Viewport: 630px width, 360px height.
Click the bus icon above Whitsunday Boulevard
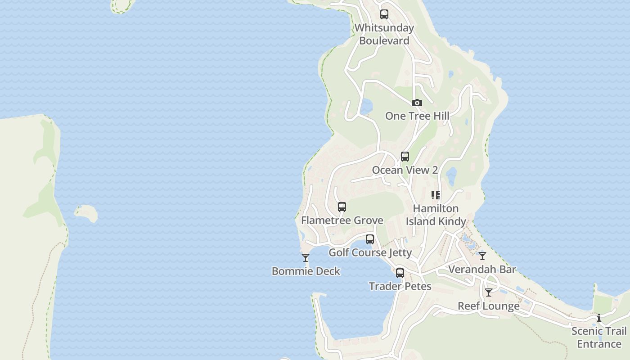click(x=384, y=14)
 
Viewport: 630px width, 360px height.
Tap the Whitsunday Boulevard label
click(x=384, y=34)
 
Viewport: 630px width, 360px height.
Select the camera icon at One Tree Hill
click(x=417, y=103)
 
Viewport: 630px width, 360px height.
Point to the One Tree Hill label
click(x=417, y=116)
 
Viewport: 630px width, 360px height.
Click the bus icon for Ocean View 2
click(x=405, y=157)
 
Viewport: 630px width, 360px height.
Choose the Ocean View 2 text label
click(x=405, y=170)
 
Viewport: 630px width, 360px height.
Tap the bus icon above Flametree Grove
click(x=342, y=207)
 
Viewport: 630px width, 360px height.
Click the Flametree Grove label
click(x=342, y=220)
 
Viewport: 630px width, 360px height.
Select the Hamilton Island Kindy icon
click(x=436, y=195)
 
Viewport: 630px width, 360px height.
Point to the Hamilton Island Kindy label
click(x=436, y=215)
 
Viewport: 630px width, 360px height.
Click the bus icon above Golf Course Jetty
click(x=370, y=239)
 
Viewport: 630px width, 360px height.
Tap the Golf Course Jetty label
click(x=370, y=252)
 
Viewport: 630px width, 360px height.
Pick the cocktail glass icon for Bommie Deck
click(x=306, y=258)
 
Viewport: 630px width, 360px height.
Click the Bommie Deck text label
click(x=306, y=271)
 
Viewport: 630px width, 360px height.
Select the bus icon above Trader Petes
click(x=400, y=273)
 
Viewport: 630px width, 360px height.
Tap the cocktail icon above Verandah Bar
click(x=482, y=256)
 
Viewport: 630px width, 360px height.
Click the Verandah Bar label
click(x=482, y=269)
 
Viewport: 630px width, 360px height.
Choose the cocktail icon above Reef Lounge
click(x=489, y=292)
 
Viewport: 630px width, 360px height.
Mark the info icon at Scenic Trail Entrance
click(x=599, y=318)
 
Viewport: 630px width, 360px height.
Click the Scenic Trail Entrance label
click(x=599, y=337)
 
